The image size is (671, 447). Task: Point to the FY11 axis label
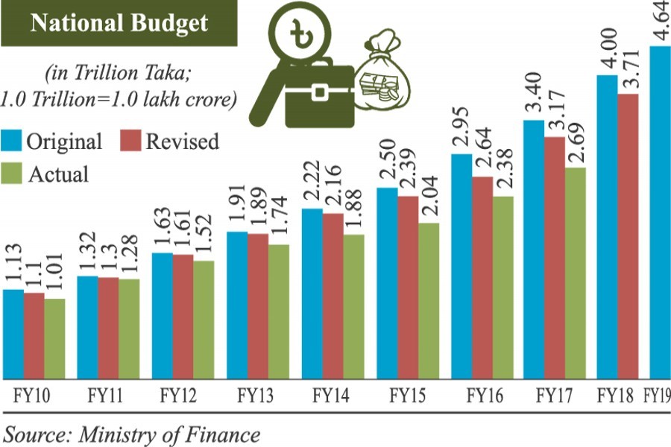[x=106, y=395]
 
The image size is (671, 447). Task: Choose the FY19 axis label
[x=655, y=395]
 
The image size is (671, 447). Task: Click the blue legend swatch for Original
[x=12, y=141]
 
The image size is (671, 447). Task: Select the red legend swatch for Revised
[x=131, y=141]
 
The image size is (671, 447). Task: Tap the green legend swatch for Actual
[x=12, y=174]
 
